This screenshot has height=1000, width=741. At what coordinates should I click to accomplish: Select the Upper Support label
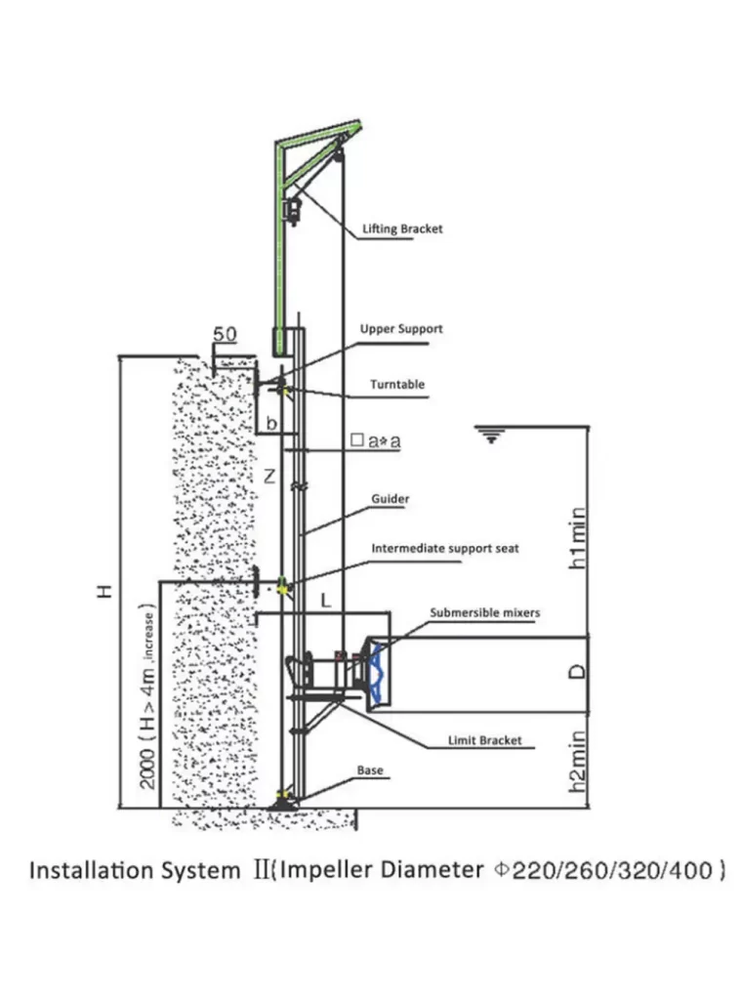pyautogui.click(x=401, y=329)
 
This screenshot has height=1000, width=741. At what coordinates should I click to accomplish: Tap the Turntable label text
pyautogui.click(x=397, y=385)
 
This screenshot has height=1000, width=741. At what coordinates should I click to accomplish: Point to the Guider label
pyautogui.click(x=390, y=499)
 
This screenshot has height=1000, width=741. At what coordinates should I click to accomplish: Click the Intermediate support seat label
pyautogui.click(x=445, y=549)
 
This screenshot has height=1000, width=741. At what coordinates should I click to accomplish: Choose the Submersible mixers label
pyautogui.click(x=485, y=612)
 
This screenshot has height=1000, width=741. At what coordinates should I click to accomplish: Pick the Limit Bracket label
pyautogui.click(x=485, y=740)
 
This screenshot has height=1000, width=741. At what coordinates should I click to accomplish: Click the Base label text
pyautogui.click(x=370, y=771)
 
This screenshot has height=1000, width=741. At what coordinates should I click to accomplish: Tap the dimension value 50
pyautogui.click(x=225, y=334)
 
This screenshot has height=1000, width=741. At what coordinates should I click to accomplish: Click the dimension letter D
pyautogui.click(x=578, y=672)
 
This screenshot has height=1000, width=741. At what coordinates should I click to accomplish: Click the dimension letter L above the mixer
pyautogui.click(x=325, y=603)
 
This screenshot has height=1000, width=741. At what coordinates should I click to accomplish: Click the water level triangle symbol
pyautogui.click(x=491, y=436)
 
